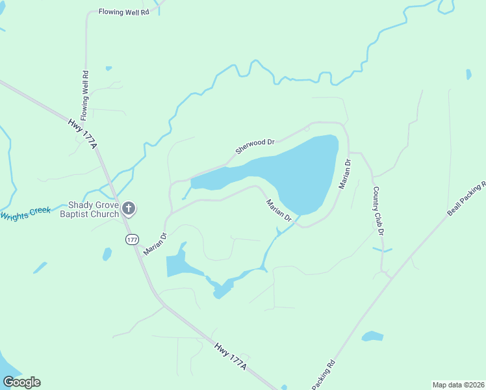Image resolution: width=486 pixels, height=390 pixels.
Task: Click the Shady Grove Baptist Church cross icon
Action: point(129,209)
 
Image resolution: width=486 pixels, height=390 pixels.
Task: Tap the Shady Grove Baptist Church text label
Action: point(89,209)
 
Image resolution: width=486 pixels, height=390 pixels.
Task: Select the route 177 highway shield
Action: point(133,239)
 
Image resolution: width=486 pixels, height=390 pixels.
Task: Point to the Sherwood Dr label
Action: point(255,146)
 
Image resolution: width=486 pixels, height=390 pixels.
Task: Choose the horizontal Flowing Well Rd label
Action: point(123,12)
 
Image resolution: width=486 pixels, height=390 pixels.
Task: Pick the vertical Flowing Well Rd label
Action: point(84,90)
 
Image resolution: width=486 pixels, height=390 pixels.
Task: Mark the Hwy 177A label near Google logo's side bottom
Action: point(231,354)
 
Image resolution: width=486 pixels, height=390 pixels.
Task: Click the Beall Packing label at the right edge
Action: point(467,198)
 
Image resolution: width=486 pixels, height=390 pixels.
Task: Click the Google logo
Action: point(21,382)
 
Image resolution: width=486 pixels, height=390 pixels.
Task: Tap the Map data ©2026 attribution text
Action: point(458,385)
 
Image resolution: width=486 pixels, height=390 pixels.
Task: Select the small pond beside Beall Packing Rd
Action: point(372,336)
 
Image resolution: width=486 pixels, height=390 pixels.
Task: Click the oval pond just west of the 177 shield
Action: point(107,253)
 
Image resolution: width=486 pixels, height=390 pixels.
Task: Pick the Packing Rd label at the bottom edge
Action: point(324,375)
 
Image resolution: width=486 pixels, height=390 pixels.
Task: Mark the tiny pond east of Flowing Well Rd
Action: point(109,68)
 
